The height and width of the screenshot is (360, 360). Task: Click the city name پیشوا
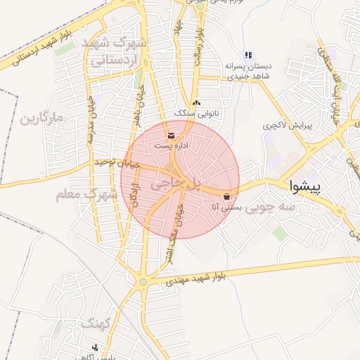click(305, 186)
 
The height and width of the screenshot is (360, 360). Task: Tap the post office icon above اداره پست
click(172, 134)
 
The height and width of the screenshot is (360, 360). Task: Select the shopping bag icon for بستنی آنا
click(226, 196)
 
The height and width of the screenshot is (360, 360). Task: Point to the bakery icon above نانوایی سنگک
click(195, 103)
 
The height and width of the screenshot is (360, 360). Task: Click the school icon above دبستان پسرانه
click(247, 55)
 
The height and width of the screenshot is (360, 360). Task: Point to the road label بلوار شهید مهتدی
click(202, 276)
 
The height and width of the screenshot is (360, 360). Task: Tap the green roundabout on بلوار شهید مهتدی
click(144, 282)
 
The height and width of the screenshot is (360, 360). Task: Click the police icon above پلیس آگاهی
click(96, 347)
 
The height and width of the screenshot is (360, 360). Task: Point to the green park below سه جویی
click(280, 233)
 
